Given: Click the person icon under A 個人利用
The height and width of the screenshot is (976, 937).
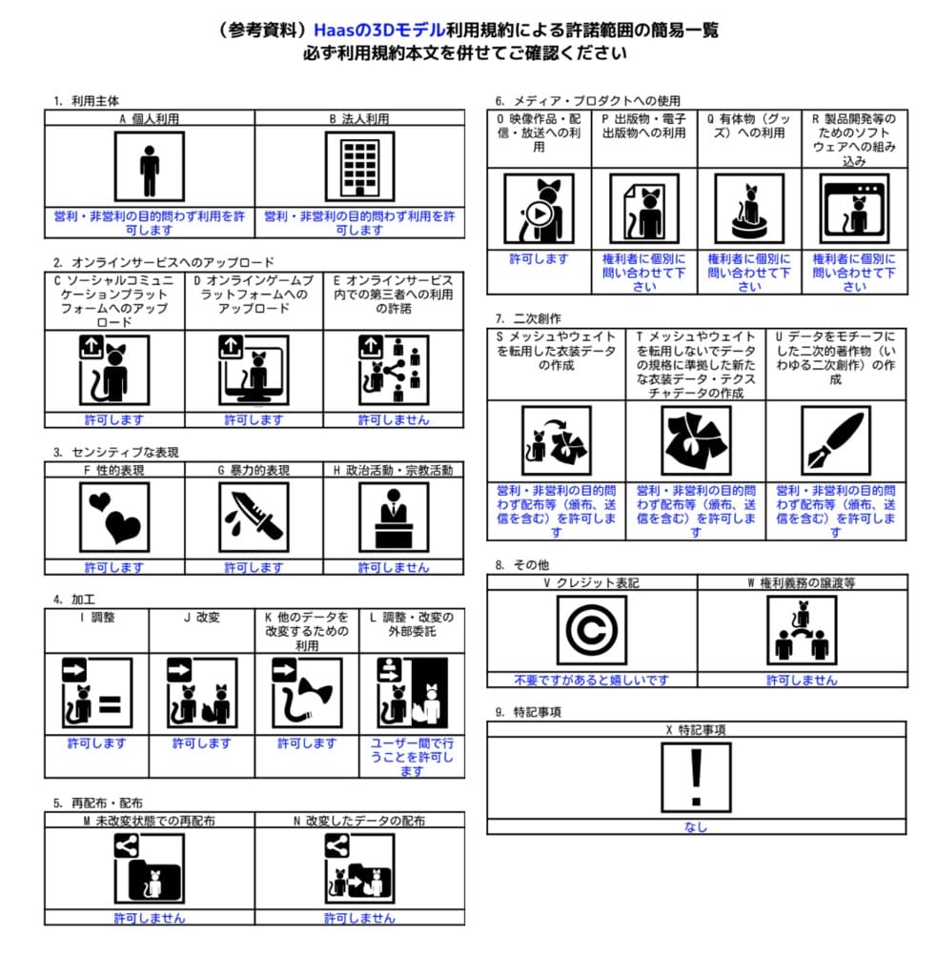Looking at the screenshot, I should tap(149, 167).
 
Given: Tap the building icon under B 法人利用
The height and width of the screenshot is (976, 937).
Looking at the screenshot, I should tap(359, 167).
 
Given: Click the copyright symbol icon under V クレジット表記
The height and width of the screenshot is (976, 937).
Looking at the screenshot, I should tap(591, 630).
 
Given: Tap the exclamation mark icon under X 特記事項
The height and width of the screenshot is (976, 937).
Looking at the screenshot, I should tap(696, 777).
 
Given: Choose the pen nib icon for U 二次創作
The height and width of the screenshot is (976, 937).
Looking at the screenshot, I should tap(835, 440).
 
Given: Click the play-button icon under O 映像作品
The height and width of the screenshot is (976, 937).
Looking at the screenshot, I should tap(539, 209).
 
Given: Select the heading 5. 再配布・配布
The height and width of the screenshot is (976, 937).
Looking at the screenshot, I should tap(98, 803).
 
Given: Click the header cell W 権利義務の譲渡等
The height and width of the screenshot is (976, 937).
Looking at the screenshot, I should tap(802, 582).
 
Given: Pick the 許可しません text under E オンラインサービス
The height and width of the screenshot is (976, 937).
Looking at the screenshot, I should tap(394, 419).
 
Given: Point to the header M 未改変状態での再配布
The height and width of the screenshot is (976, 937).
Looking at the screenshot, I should tap(149, 821).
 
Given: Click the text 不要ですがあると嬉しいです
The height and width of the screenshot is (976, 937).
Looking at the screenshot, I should tap(591, 680).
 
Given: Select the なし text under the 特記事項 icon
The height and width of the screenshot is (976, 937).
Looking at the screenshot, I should tap(696, 827).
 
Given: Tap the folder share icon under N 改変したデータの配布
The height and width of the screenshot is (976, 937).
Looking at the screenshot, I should tap(359, 868).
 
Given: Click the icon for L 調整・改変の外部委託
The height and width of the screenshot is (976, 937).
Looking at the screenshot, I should tap(412, 692).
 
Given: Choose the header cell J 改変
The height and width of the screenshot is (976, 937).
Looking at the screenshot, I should tap(201, 618).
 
